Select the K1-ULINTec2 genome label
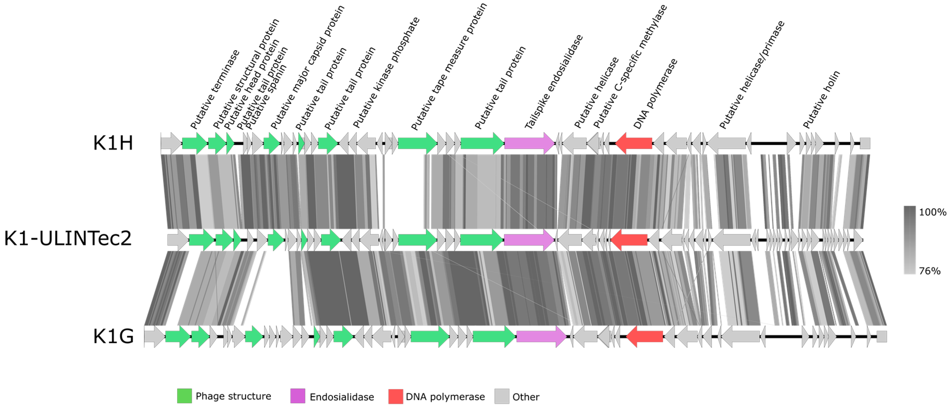coord(68,238)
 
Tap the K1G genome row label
coord(113,336)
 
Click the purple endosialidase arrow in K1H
coord(529,143)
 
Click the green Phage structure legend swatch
coord(184,396)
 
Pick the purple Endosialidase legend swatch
coord(297,396)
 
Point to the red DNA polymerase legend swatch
coord(395,396)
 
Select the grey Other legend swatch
coord(502,396)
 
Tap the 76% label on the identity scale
coord(930,271)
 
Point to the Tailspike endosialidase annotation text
coord(553,81)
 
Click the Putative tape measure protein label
coord(449,66)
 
